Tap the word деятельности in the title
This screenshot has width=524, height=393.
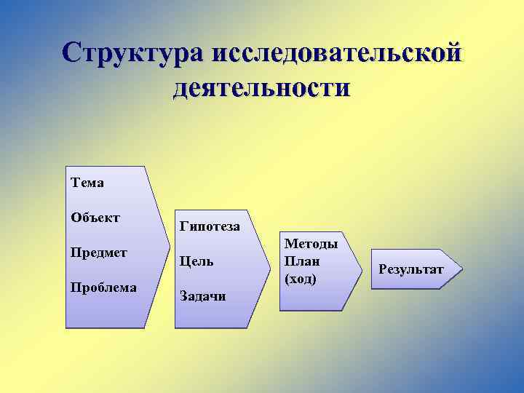(x=262, y=88)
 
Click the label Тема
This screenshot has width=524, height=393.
(x=87, y=183)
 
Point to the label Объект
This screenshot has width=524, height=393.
(x=95, y=217)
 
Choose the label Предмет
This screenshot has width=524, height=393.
(x=99, y=253)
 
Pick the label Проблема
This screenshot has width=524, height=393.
(x=103, y=287)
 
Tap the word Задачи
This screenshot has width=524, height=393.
(x=202, y=295)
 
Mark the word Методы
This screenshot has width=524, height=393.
(x=311, y=244)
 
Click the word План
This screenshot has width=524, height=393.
(x=302, y=261)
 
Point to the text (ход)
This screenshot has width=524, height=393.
(x=301, y=278)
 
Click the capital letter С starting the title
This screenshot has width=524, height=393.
(x=73, y=52)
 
